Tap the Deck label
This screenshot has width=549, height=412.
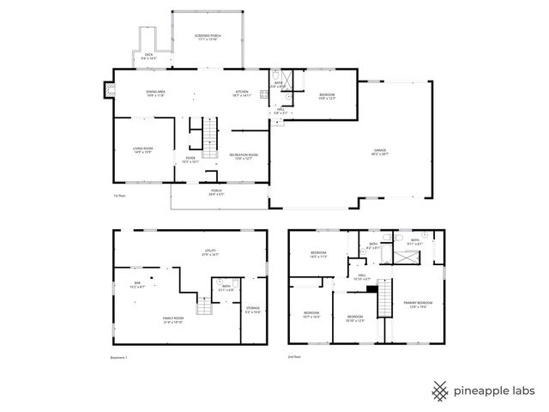148,57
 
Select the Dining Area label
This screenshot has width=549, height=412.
155,94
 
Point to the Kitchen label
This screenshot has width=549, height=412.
244,94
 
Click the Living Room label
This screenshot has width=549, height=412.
142,150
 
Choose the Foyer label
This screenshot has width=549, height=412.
190,160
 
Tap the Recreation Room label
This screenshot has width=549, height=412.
244,156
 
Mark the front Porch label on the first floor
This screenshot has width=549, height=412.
215,192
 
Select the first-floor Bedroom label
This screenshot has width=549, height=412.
327,95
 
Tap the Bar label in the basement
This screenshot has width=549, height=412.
137,284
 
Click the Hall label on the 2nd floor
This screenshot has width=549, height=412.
362,277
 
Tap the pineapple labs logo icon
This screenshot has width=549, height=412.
440,391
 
